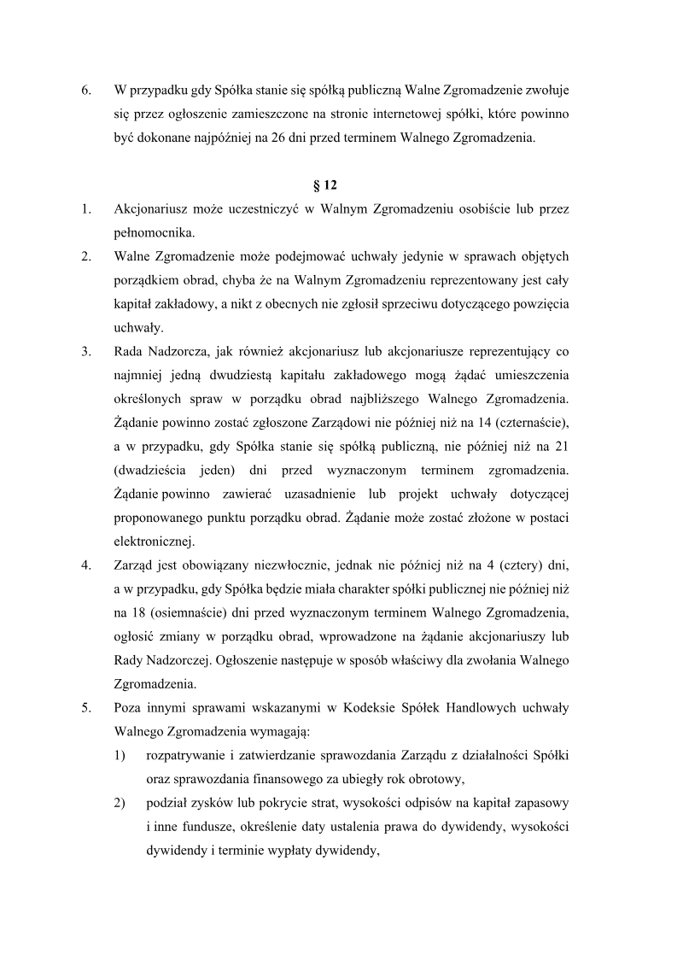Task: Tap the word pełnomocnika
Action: point(154,231)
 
